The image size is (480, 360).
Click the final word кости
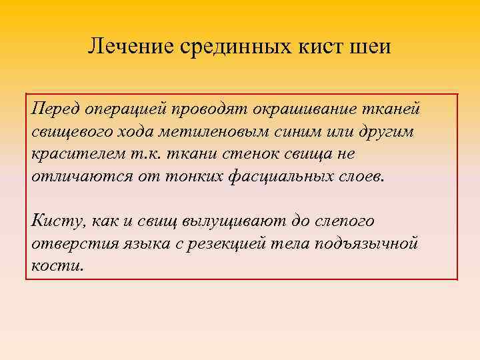56,266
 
